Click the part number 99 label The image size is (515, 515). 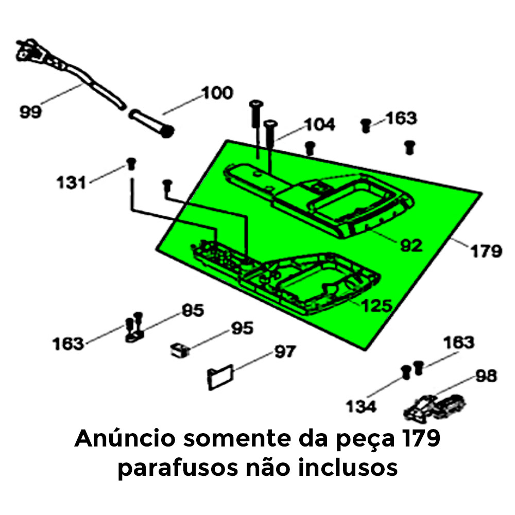[30, 112]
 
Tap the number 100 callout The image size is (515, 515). [218, 93]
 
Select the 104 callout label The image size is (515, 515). [320, 125]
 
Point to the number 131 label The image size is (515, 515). [71, 182]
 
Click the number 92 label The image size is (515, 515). [411, 245]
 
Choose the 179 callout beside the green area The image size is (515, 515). [487, 251]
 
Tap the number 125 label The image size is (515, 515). [377, 306]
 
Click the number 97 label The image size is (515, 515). [285, 352]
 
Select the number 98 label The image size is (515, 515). [487, 376]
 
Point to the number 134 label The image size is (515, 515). [362, 406]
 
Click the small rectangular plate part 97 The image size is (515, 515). [220, 377]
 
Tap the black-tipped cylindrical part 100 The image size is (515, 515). [151, 124]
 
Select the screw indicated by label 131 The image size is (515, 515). [131, 164]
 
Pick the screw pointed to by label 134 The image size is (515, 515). [406, 372]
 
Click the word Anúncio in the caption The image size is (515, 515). [125, 438]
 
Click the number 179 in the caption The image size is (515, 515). [421, 438]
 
